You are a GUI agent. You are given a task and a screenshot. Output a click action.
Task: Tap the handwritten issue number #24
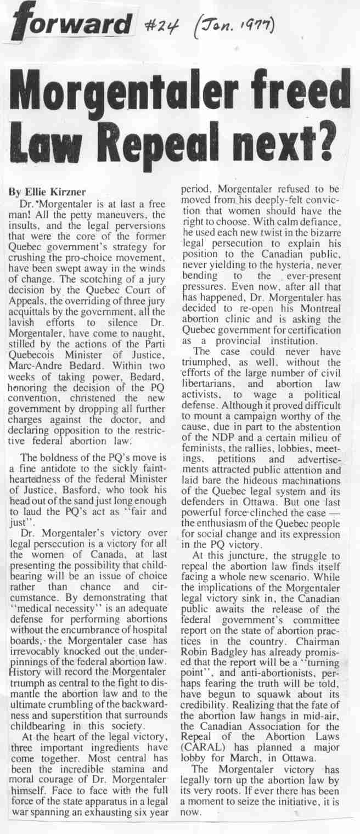164,25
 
